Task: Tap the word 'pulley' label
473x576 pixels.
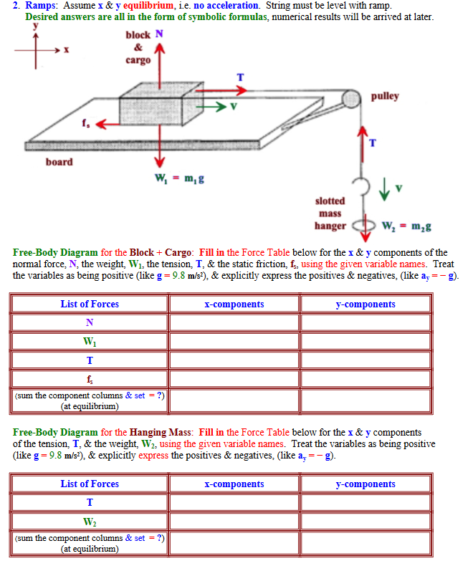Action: pyautogui.click(x=385, y=96)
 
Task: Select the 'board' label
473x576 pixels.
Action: pyautogui.click(x=59, y=162)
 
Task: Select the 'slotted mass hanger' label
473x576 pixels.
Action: pyautogui.click(x=330, y=213)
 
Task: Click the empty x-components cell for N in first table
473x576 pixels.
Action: pyautogui.click(x=234, y=323)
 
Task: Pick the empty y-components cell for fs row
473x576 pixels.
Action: pyautogui.click(x=365, y=378)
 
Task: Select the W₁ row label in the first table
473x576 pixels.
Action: pyautogui.click(x=90, y=342)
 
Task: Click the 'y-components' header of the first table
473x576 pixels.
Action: pyautogui.click(x=365, y=304)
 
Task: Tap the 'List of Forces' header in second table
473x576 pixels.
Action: pyautogui.click(x=90, y=484)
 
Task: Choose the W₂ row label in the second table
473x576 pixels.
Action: pyautogui.click(x=90, y=521)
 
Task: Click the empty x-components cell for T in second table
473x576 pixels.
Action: pyautogui.click(x=234, y=502)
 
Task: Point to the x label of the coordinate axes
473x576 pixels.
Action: pyautogui.click(x=66, y=49)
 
